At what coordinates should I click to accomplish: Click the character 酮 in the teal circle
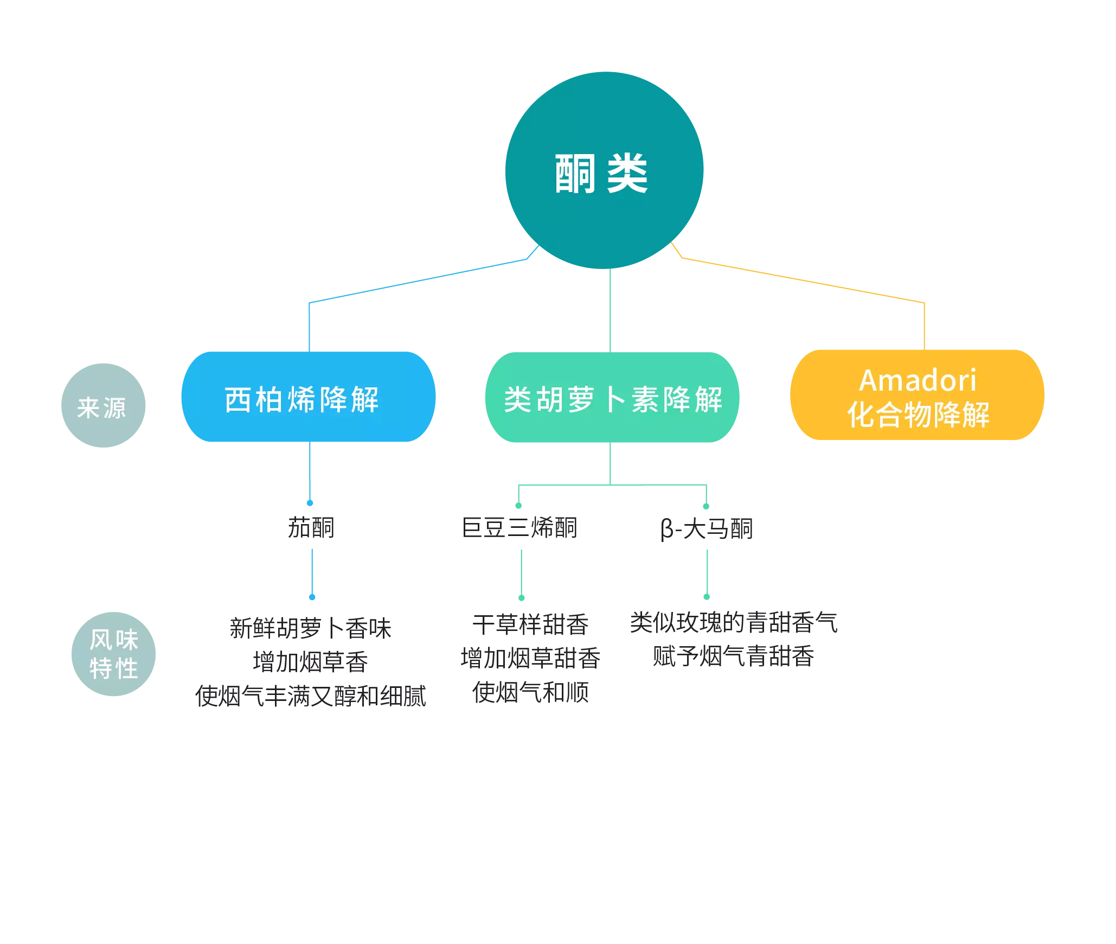click(575, 174)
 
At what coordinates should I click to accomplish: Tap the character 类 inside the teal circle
click(627, 174)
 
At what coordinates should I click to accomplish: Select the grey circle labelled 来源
click(103, 406)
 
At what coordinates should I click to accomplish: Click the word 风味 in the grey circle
click(114, 640)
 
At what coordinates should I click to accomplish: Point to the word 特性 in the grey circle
click(114, 668)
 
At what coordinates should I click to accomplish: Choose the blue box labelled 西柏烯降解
click(308, 397)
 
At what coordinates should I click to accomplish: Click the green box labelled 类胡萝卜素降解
click(612, 397)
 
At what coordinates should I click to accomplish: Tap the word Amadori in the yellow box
click(918, 380)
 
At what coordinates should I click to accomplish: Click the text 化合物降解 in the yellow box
click(918, 415)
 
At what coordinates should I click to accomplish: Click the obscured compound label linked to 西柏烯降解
click(310, 526)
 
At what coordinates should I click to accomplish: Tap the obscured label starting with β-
click(707, 529)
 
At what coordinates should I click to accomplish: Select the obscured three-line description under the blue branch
click(312, 662)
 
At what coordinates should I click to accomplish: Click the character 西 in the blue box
click(238, 400)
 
